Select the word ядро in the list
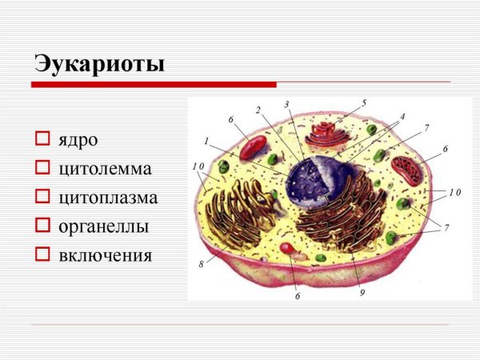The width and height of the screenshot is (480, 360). click(77, 140)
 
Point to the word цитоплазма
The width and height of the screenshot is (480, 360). click(107, 198)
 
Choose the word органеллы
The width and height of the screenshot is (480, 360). click(103, 226)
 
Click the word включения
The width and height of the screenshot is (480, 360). click(104, 256)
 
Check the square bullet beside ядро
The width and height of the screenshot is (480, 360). click(42, 140)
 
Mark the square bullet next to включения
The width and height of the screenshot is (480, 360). click(42, 256)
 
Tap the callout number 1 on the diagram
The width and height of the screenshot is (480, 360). click(206, 142)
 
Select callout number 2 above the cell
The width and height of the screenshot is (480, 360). click(258, 110)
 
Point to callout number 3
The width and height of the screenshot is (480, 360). click(286, 105)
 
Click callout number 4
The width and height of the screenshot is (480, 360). click(402, 117)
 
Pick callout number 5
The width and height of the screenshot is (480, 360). click(364, 103)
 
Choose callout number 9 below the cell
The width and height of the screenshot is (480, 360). click(362, 293)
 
